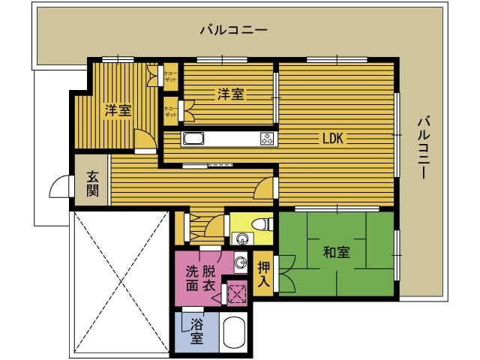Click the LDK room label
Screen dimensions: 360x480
coord(333,138)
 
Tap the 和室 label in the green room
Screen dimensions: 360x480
coord(337,252)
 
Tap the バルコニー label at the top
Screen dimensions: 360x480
coord(233,30)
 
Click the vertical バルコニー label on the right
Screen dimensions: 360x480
coord(424,146)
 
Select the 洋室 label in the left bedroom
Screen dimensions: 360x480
coord(118,110)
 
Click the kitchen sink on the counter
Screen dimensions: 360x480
coord(194,138)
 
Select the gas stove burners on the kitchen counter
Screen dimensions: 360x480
coord(267,138)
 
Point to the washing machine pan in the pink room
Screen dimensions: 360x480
coord(238,293)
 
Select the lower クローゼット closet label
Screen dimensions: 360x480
coord(171,111)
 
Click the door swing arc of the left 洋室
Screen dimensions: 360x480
coord(143,139)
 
